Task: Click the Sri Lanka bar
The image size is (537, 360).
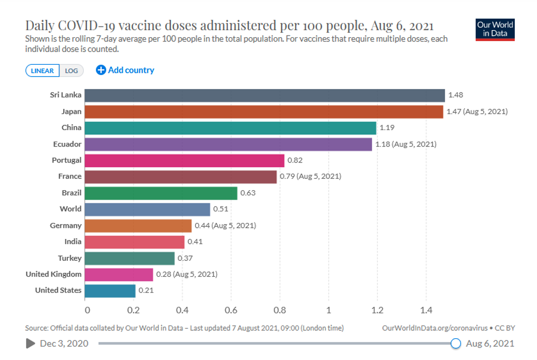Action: point(265,96)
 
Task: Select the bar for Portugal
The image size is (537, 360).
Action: point(185,160)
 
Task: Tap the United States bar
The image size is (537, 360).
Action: point(110,290)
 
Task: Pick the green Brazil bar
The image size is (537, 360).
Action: point(161,193)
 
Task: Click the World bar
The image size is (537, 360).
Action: point(148,209)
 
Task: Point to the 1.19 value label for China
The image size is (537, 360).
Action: point(386,128)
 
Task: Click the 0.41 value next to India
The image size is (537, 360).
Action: point(195,242)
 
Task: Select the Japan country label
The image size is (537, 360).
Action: point(71,112)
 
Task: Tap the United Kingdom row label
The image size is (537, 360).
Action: point(54,274)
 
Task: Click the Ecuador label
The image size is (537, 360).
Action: point(67,144)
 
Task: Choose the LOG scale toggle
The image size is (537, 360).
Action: point(72,71)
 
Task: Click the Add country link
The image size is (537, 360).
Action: point(125,70)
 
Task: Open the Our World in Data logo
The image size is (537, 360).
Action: point(495,30)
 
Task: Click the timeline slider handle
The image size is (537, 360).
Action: point(455,344)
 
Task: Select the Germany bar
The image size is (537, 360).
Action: point(138,226)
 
